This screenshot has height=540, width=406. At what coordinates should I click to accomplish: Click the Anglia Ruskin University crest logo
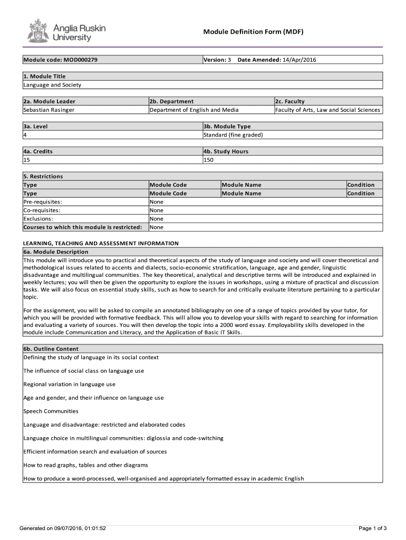click(x=37, y=31)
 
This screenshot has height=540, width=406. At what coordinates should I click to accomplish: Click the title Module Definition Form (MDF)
click(x=254, y=32)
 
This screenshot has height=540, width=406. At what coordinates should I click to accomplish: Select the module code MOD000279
click(x=79, y=60)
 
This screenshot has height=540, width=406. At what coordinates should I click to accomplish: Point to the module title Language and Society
click(x=52, y=85)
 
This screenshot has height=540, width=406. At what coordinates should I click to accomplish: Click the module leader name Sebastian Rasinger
click(x=49, y=110)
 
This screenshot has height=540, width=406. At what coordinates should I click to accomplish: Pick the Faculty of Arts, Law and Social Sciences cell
click(x=327, y=110)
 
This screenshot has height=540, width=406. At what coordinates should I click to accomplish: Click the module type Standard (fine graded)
click(x=233, y=134)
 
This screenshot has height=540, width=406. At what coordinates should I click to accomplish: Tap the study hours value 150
click(x=208, y=160)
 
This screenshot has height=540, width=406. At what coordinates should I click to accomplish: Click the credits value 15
click(x=27, y=160)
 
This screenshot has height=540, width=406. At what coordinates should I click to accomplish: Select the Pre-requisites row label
click(x=43, y=202)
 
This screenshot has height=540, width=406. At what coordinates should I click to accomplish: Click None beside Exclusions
click(x=157, y=219)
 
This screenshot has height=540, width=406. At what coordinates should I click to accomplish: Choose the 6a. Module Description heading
click(x=55, y=252)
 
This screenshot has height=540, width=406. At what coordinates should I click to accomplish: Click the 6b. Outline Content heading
click(x=51, y=349)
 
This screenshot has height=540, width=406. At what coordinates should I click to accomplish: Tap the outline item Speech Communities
click(x=51, y=411)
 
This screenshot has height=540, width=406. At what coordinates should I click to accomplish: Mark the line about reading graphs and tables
click(x=85, y=465)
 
